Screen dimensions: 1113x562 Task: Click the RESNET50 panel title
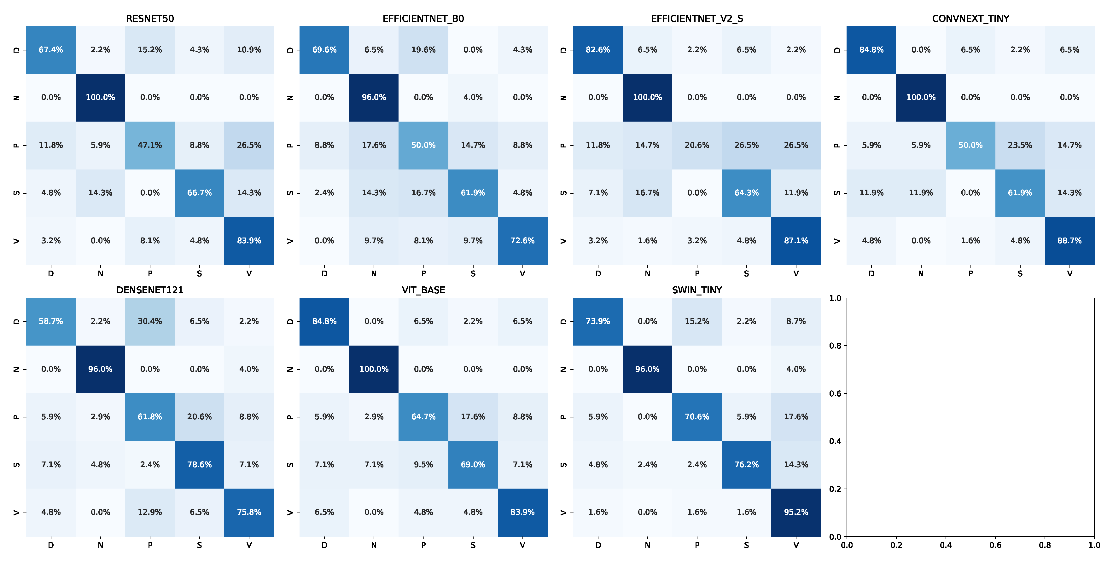(x=150, y=19)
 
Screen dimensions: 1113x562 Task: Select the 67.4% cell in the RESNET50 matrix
(x=51, y=50)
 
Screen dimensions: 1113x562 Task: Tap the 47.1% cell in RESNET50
(x=150, y=145)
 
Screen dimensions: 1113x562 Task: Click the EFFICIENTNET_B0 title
(x=423, y=19)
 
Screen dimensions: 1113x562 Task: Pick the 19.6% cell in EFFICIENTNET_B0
(x=423, y=50)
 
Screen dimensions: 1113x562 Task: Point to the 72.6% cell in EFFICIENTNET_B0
(x=522, y=240)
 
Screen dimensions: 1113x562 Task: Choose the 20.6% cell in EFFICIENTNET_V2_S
(x=697, y=145)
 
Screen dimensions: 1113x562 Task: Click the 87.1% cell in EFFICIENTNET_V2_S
(x=796, y=240)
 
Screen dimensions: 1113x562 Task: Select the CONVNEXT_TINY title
(x=970, y=19)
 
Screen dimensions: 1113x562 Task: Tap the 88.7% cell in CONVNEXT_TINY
(x=1069, y=240)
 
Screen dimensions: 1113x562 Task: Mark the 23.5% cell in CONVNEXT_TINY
(x=1020, y=145)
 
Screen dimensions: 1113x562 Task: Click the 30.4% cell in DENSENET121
(x=150, y=321)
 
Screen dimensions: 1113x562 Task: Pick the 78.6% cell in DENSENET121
(x=199, y=464)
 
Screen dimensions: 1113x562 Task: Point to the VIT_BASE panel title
(x=423, y=290)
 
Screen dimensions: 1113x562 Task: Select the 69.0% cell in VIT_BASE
(x=473, y=464)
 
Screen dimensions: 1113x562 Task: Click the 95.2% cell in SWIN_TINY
(x=796, y=512)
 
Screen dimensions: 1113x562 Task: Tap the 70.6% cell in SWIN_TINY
(x=697, y=416)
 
